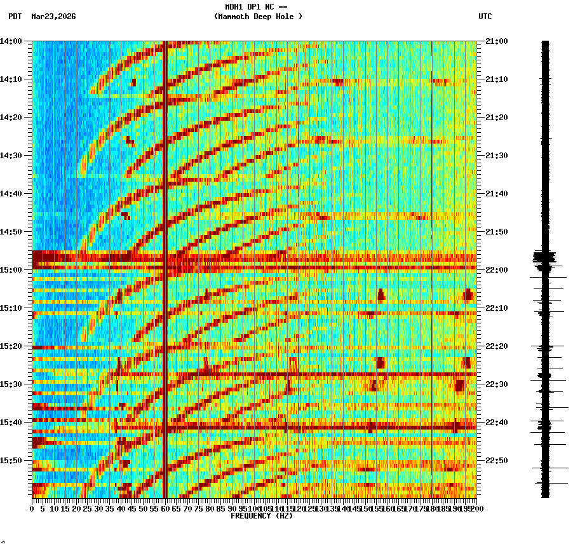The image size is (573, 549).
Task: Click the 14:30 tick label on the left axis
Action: click(11, 156)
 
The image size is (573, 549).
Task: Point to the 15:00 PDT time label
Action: click(11, 270)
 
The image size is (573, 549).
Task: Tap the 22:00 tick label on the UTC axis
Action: click(495, 270)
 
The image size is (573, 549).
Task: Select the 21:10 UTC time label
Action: click(495, 79)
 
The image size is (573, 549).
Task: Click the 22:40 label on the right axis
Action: click(495, 423)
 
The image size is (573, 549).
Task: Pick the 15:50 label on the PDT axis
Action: click(11, 461)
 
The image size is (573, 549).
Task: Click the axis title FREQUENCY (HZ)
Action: click(261, 516)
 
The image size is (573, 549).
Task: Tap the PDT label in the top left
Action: click(15, 17)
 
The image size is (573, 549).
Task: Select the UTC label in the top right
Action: click(485, 17)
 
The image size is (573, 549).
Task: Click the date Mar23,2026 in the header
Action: click(53, 17)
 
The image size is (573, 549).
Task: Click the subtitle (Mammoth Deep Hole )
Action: click(258, 17)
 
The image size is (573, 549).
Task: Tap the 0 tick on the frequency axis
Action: click(32, 508)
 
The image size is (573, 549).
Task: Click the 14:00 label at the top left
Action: click(11, 41)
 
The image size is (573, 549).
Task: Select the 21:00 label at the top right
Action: click(495, 41)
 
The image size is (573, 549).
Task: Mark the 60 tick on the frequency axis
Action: click(165, 508)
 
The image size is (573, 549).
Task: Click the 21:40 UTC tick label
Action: click(495, 194)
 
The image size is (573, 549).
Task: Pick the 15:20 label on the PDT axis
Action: click(11, 346)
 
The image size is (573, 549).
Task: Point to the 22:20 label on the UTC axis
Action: click(495, 346)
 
